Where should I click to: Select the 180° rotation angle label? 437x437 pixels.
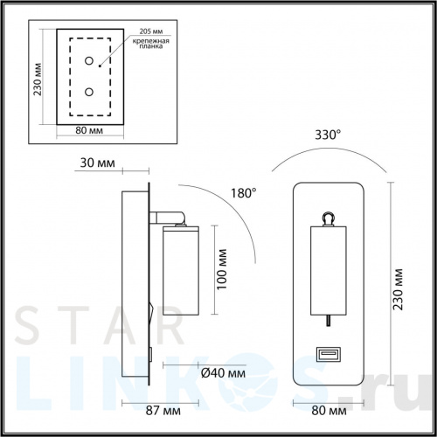coord(243,192)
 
